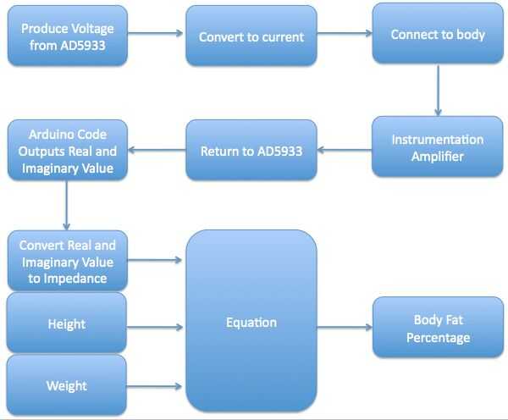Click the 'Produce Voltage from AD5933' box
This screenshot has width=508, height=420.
[67, 36]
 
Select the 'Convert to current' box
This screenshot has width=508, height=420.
[251, 36]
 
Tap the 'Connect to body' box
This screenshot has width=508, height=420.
[438, 35]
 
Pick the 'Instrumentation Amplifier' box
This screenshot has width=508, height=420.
[438, 147]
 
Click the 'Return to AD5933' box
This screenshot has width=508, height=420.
[251, 151]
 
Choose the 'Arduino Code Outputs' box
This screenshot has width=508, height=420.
[67, 151]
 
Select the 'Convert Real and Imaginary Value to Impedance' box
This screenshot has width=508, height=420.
[67, 261]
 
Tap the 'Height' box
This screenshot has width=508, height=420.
[67, 323]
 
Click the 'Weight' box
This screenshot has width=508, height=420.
[67, 385]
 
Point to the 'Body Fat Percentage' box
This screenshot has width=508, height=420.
[438, 329]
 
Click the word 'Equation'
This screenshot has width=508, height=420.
[251, 322]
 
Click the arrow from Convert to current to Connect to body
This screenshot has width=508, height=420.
[344, 35]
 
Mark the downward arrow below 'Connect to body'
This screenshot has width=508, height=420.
[439, 89]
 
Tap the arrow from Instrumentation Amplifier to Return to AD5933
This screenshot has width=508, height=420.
[344, 151]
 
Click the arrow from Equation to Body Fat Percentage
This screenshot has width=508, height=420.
[344, 327]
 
